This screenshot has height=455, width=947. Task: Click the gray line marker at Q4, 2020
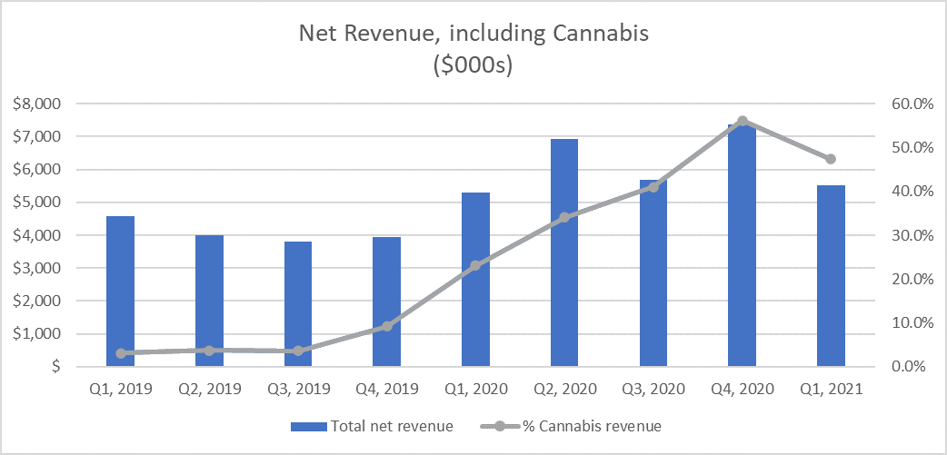coord(742,121)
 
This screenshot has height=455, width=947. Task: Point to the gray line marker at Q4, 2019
coord(387,326)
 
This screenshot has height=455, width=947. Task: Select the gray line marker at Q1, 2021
coord(831,159)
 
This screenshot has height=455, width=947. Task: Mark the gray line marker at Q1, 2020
coord(475,265)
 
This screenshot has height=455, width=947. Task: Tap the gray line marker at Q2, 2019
coord(209,350)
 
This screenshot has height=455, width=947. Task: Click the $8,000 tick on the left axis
coord(36,104)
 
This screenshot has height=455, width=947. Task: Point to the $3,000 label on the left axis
coord(36,268)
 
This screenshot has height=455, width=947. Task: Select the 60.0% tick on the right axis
coord(911,104)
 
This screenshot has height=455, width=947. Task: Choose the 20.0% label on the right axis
coord(911,279)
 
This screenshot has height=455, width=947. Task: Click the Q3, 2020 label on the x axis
coord(653,389)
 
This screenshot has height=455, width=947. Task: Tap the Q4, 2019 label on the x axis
coord(387,389)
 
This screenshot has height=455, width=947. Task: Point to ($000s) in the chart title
coord(473,66)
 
